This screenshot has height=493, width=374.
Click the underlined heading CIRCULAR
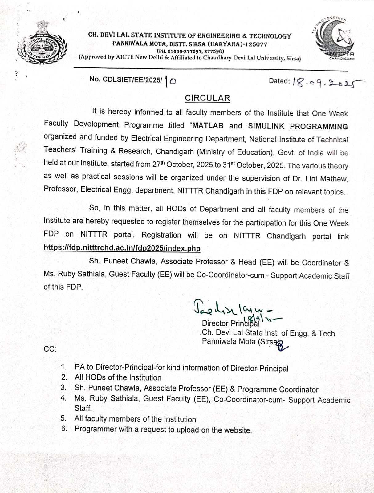point(207,98)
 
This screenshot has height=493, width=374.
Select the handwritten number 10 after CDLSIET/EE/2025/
point(170,81)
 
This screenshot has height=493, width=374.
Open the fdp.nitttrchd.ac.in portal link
point(122,248)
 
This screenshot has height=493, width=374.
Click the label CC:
point(50,349)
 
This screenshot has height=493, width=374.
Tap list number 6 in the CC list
point(64,429)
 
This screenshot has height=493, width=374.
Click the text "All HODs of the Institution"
point(118,378)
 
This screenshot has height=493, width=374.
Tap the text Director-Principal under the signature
point(230,323)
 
